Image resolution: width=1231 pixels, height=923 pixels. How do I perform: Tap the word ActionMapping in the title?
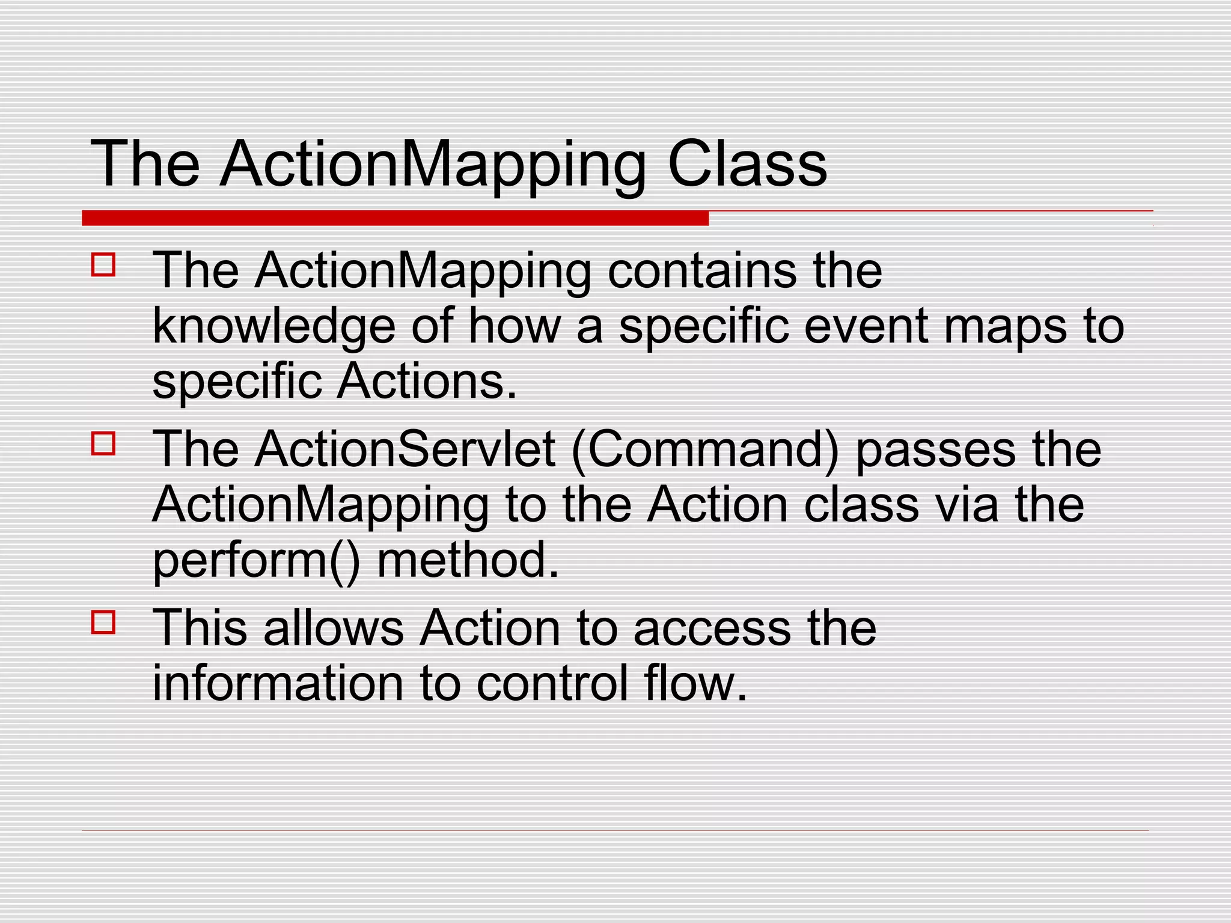point(433,166)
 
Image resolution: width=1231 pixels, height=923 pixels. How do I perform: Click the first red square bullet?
point(103,264)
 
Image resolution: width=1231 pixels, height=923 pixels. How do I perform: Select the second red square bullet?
point(103,443)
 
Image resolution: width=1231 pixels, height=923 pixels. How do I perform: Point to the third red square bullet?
point(103,622)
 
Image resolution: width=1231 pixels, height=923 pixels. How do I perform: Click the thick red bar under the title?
point(395,218)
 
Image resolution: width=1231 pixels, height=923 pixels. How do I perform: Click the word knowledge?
point(273,327)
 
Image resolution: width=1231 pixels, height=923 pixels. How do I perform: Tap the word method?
point(468,560)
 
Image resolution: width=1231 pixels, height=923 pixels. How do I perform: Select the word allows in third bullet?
point(333,628)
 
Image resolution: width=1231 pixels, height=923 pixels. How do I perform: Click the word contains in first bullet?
point(701,271)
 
